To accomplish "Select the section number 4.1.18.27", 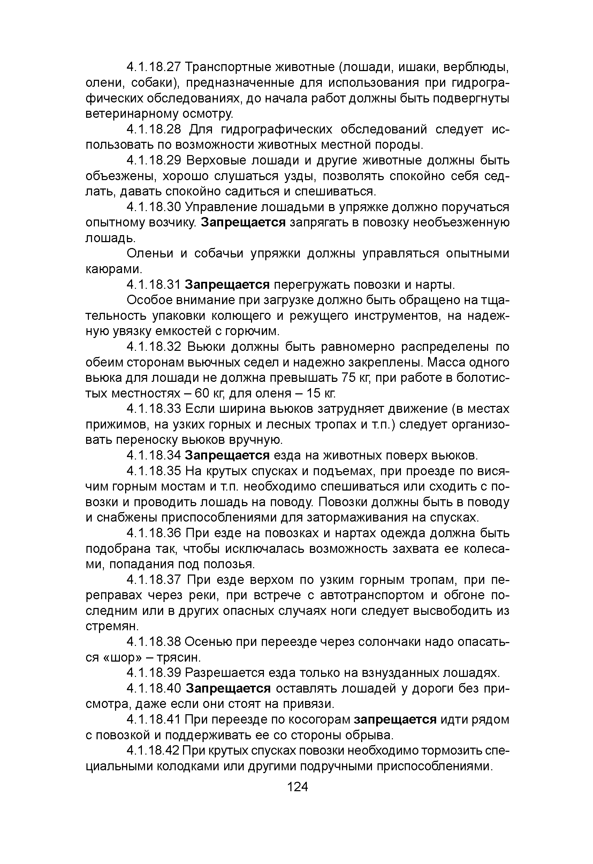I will (153, 67).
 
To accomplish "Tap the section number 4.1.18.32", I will (153, 347).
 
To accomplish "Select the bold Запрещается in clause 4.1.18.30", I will (243, 223).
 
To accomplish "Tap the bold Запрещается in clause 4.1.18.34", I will (227, 455).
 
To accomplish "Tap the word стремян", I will (112, 627).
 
